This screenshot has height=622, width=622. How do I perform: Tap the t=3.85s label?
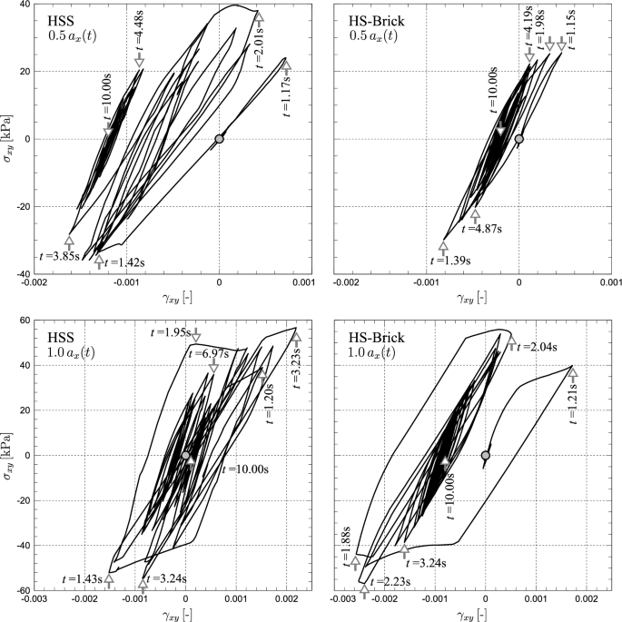(x=41, y=257)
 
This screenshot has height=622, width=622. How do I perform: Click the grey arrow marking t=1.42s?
(x=99, y=262)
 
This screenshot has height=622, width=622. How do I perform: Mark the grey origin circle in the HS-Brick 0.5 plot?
(x=518, y=139)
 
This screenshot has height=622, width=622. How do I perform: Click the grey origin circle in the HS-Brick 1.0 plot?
(x=486, y=455)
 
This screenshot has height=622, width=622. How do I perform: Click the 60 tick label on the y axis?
(x=20, y=321)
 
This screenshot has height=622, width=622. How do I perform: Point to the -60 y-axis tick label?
(x=17, y=590)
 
